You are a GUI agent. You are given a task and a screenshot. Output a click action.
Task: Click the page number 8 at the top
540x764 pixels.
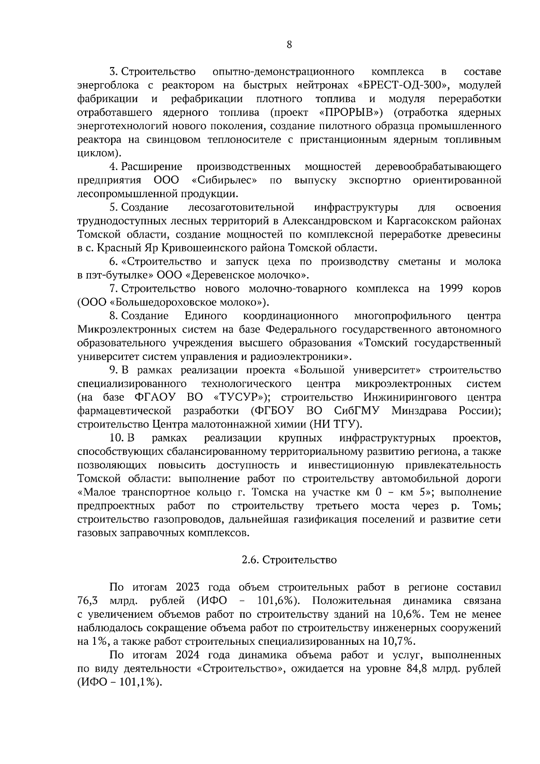click(289, 44)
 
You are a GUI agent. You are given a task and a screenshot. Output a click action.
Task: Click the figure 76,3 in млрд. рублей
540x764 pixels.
click(87, 601)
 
